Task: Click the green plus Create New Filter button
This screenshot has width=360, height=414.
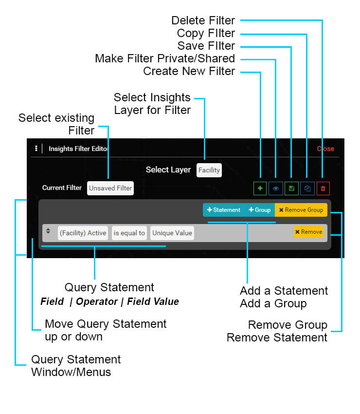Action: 260,188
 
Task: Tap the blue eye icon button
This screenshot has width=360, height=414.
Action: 275,188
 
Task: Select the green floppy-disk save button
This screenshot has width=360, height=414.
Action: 291,188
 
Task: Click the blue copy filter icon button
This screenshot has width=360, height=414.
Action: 307,188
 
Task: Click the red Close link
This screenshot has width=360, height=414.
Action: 325,149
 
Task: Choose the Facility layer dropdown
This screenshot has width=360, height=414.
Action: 209,170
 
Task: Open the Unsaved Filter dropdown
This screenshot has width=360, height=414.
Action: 110,188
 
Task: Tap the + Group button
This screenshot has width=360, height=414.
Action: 259,210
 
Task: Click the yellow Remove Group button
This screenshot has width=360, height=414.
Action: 301,210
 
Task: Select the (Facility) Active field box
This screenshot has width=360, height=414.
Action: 83,233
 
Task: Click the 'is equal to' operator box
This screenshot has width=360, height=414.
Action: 129,233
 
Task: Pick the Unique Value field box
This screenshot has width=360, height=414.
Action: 172,233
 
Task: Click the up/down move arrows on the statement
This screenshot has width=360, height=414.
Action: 48,231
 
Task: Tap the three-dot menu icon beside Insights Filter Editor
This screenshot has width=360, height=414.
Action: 36,149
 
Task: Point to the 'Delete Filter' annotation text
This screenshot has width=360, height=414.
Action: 203,20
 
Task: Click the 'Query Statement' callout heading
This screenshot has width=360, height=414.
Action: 109,287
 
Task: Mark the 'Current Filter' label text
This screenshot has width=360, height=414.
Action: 62,188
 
